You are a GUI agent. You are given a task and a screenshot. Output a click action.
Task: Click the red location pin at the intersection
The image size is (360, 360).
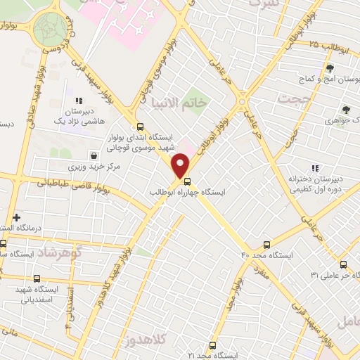click(x=181, y=165)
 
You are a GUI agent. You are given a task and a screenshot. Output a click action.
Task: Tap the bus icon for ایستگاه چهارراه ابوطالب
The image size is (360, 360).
click(x=186, y=181)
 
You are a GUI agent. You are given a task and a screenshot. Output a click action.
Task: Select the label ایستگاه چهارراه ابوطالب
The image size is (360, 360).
click(x=181, y=191)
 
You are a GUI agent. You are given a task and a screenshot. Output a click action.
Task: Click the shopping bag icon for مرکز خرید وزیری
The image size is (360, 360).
click(x=94, y=155)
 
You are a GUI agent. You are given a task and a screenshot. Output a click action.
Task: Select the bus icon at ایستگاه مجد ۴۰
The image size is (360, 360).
click(x=266, y=244)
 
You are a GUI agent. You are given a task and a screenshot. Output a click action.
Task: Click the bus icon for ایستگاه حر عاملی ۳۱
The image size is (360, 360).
click(x=343, y=264)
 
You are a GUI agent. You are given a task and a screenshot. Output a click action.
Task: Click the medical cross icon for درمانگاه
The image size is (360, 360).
click(x=15, y=218)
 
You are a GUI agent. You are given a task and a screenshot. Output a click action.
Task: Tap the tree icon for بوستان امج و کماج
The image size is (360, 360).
click(x=329, y=68)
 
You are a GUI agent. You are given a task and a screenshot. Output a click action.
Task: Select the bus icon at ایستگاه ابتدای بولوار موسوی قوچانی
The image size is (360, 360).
click(x=140, y=127)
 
